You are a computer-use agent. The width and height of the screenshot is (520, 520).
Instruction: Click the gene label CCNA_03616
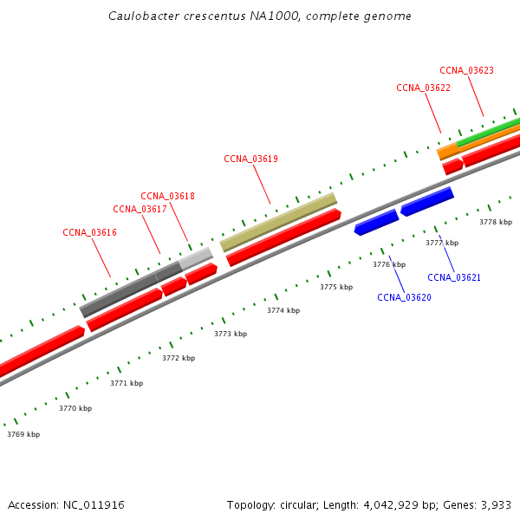tap(89, 232)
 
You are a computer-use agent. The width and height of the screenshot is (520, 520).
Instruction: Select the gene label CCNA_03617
tap(140, 209)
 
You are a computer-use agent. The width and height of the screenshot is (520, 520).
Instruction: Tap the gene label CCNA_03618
tap(167, 196)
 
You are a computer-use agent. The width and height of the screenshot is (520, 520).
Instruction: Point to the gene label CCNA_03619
tap(250, 159)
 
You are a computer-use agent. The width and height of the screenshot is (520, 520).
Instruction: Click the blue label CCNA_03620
tap(404, 297)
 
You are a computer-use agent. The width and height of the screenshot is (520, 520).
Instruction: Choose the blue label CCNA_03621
tap(454, 277)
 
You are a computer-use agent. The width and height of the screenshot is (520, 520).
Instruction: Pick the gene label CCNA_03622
tap(423, 88)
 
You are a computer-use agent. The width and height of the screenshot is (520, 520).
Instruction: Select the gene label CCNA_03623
tap(466, 70)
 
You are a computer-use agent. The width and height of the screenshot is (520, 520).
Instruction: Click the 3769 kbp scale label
tap(23, 434)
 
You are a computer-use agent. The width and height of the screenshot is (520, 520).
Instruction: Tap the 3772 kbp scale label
tap(179, 358)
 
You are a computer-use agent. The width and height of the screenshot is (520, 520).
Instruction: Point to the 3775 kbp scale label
tap(336, 287)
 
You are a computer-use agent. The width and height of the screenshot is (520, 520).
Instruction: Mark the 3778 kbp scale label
tap(496, 222)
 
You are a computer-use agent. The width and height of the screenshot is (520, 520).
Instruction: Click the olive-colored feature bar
tap(278, 222)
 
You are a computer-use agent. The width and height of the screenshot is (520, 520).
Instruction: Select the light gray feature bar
tap(196, 258)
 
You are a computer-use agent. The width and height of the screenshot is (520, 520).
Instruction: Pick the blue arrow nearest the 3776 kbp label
tap(376, 223)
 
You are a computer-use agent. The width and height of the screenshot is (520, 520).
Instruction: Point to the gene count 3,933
tap(497, 504)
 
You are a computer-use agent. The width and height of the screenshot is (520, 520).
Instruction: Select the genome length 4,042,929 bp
tap(382, 504)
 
